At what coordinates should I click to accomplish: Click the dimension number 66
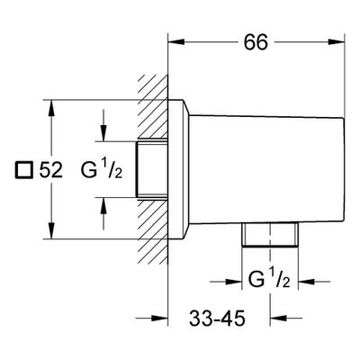pos(256,42)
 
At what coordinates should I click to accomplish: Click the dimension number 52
pos(50,170)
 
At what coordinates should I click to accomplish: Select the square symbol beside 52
pos(23,170)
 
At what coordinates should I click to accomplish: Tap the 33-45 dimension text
pos(217,319)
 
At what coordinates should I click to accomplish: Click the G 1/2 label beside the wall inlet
pos(102,170)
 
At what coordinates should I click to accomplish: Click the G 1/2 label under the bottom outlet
pos(269,280)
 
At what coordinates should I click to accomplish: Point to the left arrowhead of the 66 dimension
pos(175,42)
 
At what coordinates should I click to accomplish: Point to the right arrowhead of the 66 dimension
pos(337,42)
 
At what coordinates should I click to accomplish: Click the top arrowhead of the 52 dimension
pos(52,108)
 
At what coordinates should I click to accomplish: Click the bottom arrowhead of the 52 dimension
pos(52,231)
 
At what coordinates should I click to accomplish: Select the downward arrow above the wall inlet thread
pos(103,125)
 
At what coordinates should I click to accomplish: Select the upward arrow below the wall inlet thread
pos(103,213)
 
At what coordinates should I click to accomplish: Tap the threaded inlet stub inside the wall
pos(152,169)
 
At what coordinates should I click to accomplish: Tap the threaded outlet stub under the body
pos(270,235)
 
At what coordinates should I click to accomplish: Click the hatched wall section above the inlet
pos(153,107)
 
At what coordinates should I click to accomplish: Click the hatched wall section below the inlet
pos(153,232)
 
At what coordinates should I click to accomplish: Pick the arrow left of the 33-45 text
pos(151,318)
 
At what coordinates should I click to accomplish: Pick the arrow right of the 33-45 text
pos(286,318)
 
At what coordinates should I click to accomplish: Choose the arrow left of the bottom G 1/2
pos(226,282)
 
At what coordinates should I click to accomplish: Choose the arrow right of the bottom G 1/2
pos(314,282)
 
